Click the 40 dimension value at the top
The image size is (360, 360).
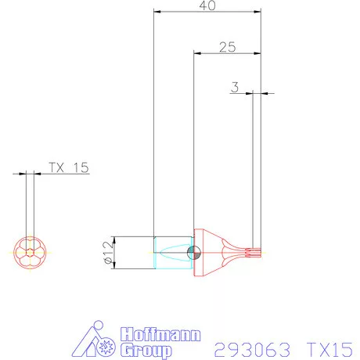208,6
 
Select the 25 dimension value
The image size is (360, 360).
228,47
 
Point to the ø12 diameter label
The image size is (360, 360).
109,253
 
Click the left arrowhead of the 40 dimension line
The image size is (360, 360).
157,13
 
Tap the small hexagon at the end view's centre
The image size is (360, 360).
31,253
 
